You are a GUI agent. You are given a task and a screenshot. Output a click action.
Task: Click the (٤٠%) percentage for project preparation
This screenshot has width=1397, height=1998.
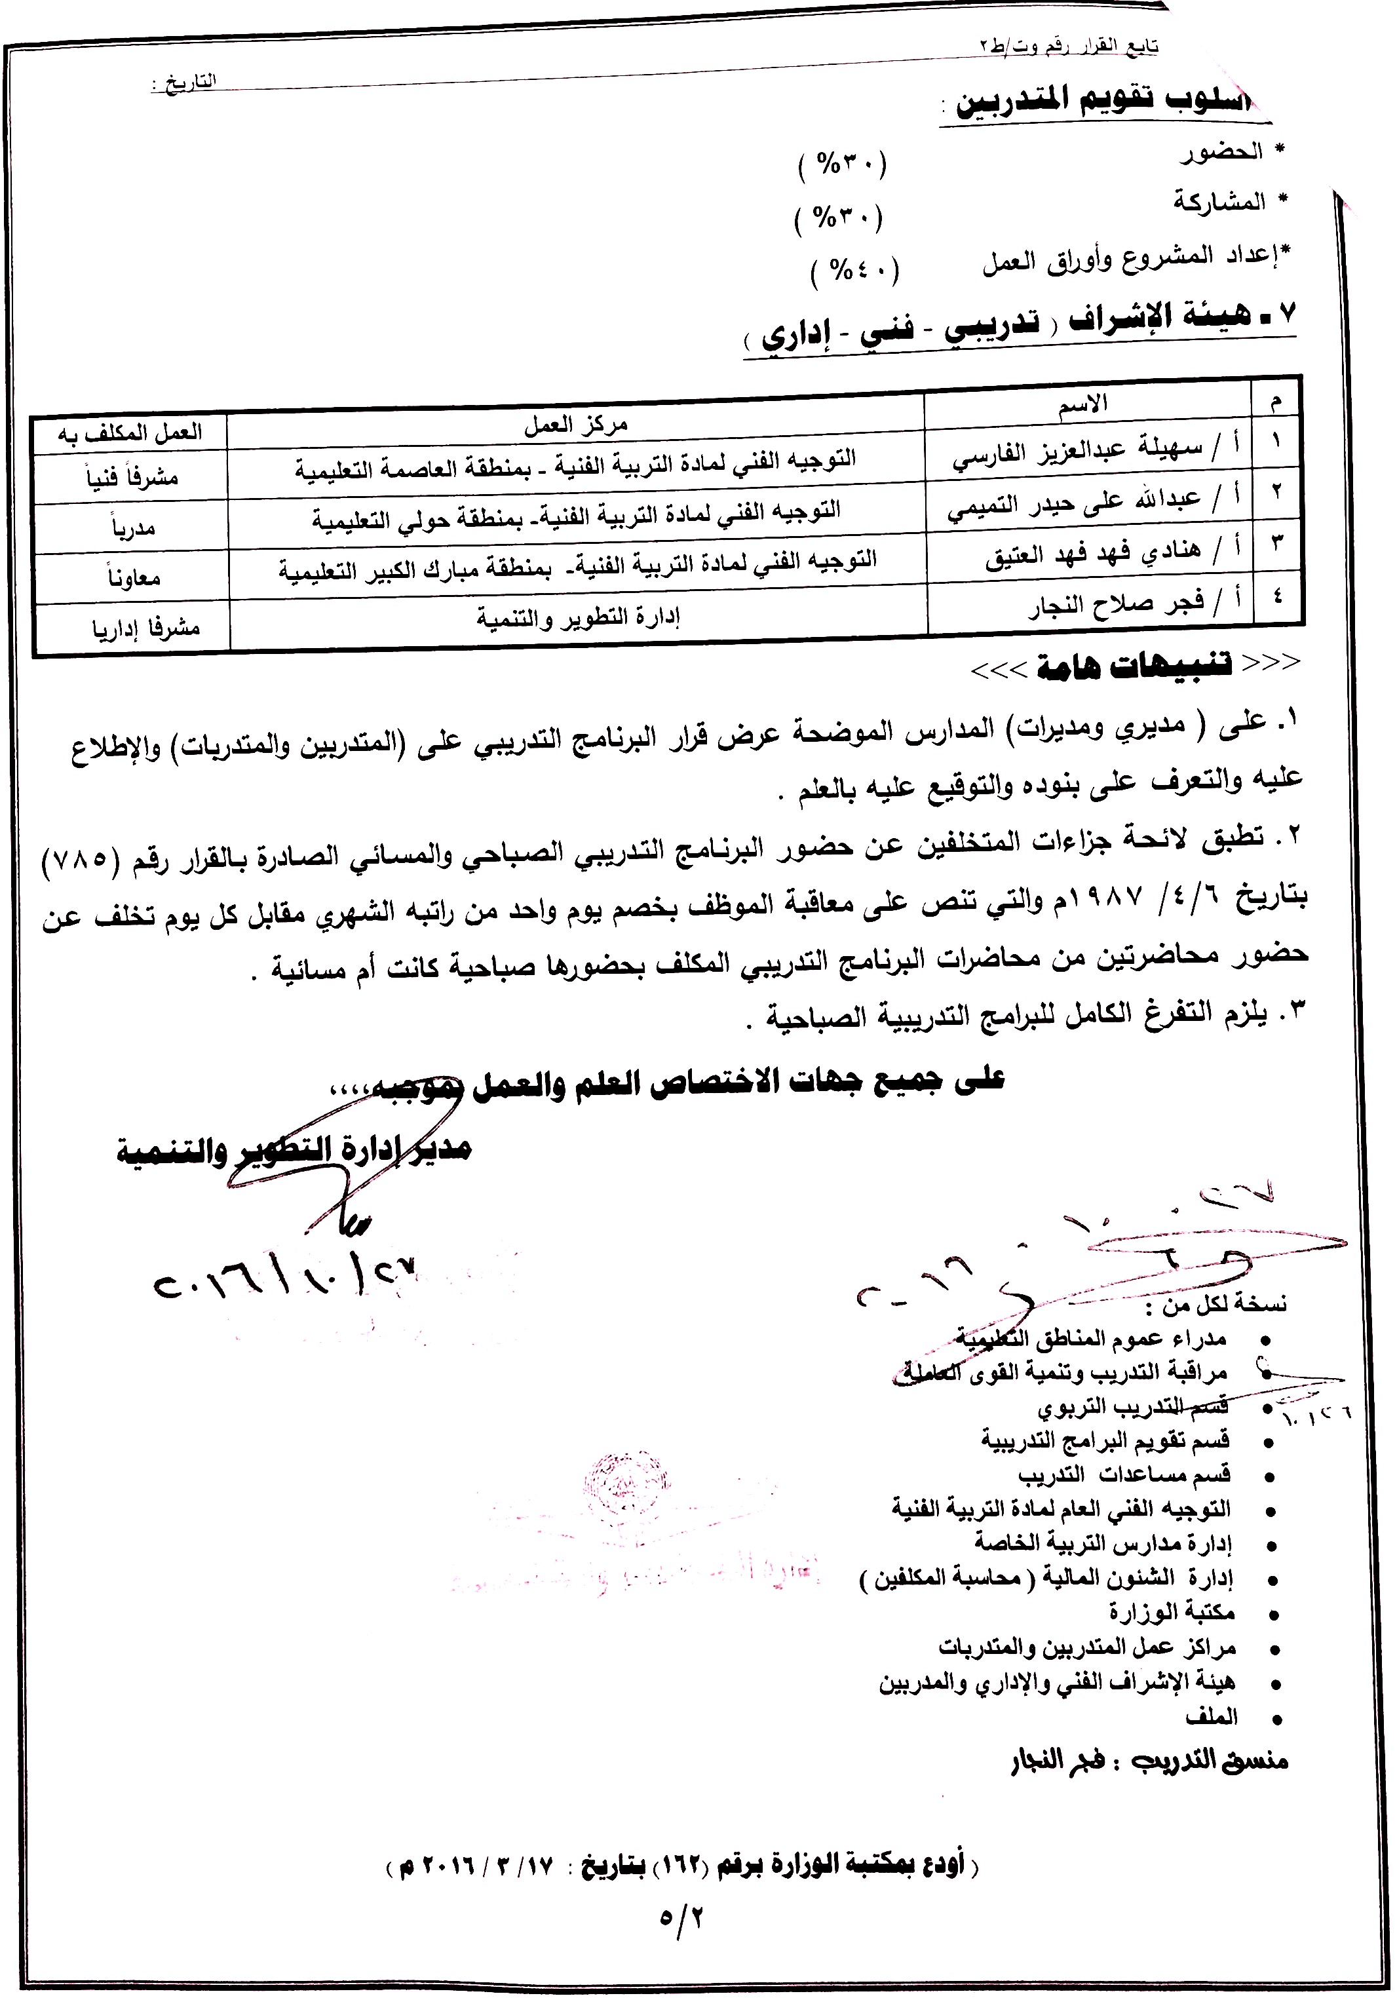click(854, 271)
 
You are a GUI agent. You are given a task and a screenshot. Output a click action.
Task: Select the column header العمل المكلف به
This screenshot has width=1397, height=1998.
click(130, 432)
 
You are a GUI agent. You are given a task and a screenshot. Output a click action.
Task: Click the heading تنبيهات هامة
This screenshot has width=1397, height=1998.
click(1131, 666)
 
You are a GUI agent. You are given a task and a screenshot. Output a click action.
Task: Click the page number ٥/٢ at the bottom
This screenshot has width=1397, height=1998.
click(683, 1916)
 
